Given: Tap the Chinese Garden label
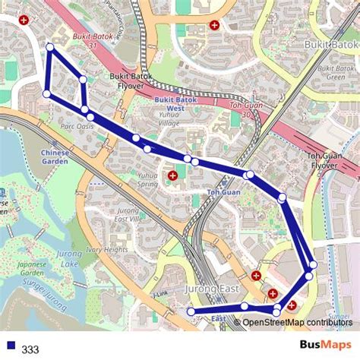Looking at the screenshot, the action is pos(55,156).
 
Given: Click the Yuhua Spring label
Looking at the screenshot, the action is pos(148,179).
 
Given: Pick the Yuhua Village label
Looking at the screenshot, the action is pos(169,118).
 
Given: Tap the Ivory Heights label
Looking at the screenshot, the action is pos(107,250).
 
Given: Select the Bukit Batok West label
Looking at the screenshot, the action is pos(175,103).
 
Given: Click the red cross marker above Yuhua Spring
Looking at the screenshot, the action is pos(173,175).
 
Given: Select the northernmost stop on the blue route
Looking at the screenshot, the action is pos(50,47).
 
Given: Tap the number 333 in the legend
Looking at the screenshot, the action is pos(30,349).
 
